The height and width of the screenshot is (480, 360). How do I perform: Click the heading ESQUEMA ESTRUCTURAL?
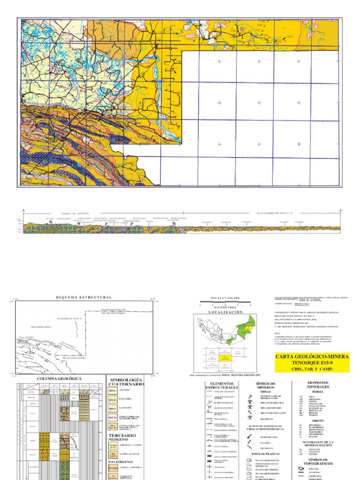(x=84, y=297)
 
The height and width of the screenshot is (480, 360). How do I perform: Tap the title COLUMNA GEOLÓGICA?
(x=59, y=378)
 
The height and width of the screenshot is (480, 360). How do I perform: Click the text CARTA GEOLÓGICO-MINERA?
(x=312, y=357)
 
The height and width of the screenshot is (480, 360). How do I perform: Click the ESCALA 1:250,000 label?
(x=225, y=298)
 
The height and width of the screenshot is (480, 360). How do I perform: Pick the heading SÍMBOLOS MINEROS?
(x=265, y=386)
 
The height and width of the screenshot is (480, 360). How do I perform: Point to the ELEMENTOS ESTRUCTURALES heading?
(x=222, y=386)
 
